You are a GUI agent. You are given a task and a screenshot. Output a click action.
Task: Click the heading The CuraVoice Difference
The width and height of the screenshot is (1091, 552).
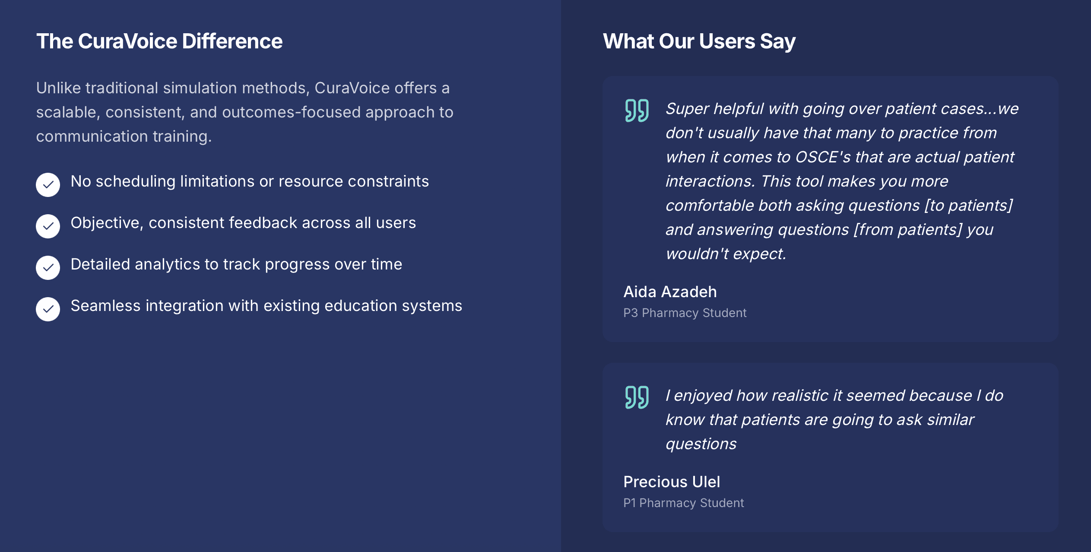pos(159,41)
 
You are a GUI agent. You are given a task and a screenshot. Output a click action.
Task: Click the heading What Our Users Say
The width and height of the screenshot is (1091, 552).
pos(699,41)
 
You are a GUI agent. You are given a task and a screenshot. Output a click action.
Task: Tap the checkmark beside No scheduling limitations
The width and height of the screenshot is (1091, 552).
pos(48,185)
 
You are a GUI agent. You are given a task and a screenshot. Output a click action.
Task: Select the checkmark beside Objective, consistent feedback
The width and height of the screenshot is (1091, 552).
pos(48,226)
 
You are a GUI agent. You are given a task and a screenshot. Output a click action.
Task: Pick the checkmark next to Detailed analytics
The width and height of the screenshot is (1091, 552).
pos(48,268)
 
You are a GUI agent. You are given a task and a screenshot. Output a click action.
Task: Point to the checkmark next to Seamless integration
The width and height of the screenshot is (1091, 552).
pos(48,309)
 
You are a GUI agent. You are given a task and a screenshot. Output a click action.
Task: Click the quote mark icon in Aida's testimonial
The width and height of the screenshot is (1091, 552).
pos(637,111)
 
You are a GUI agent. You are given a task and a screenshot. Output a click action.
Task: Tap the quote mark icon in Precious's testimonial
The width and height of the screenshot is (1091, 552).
pos(637,397)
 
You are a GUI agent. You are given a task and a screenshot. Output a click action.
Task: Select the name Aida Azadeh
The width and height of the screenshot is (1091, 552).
pos(670,292)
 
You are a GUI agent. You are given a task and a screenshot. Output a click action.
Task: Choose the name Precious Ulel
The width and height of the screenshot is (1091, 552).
pos(672,482)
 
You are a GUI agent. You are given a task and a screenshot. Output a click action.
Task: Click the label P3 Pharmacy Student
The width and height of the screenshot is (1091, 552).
pos(685,313)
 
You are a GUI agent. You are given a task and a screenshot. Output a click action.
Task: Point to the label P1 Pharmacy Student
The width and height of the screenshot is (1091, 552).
pos(683,503)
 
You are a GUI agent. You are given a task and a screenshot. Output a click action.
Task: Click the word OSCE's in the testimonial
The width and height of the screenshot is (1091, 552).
pos(823,157)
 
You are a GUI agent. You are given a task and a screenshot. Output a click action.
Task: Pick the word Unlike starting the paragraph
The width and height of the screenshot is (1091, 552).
pos(58,88)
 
